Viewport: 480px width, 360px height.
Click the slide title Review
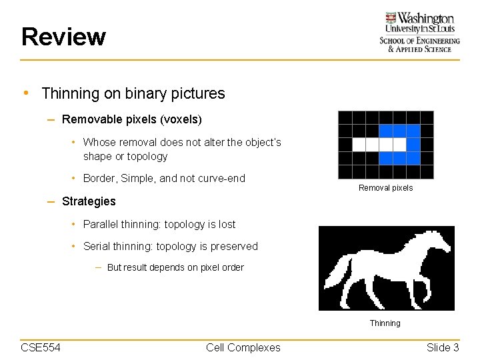click(63, 37)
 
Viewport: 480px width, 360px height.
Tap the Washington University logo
click(419, 31)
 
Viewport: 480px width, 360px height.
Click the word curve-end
click(221, 179)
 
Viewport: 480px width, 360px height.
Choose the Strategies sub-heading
click(89, 201)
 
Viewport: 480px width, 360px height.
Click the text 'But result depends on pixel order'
click(175, 268)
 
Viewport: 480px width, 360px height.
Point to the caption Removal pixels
click(385, 188)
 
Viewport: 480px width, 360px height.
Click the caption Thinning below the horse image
click(385, 323)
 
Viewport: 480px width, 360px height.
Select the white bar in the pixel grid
click(379, 144)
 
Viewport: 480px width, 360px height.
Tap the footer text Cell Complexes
click(243, 347)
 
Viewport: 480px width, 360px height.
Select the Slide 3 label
click(443, 347)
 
